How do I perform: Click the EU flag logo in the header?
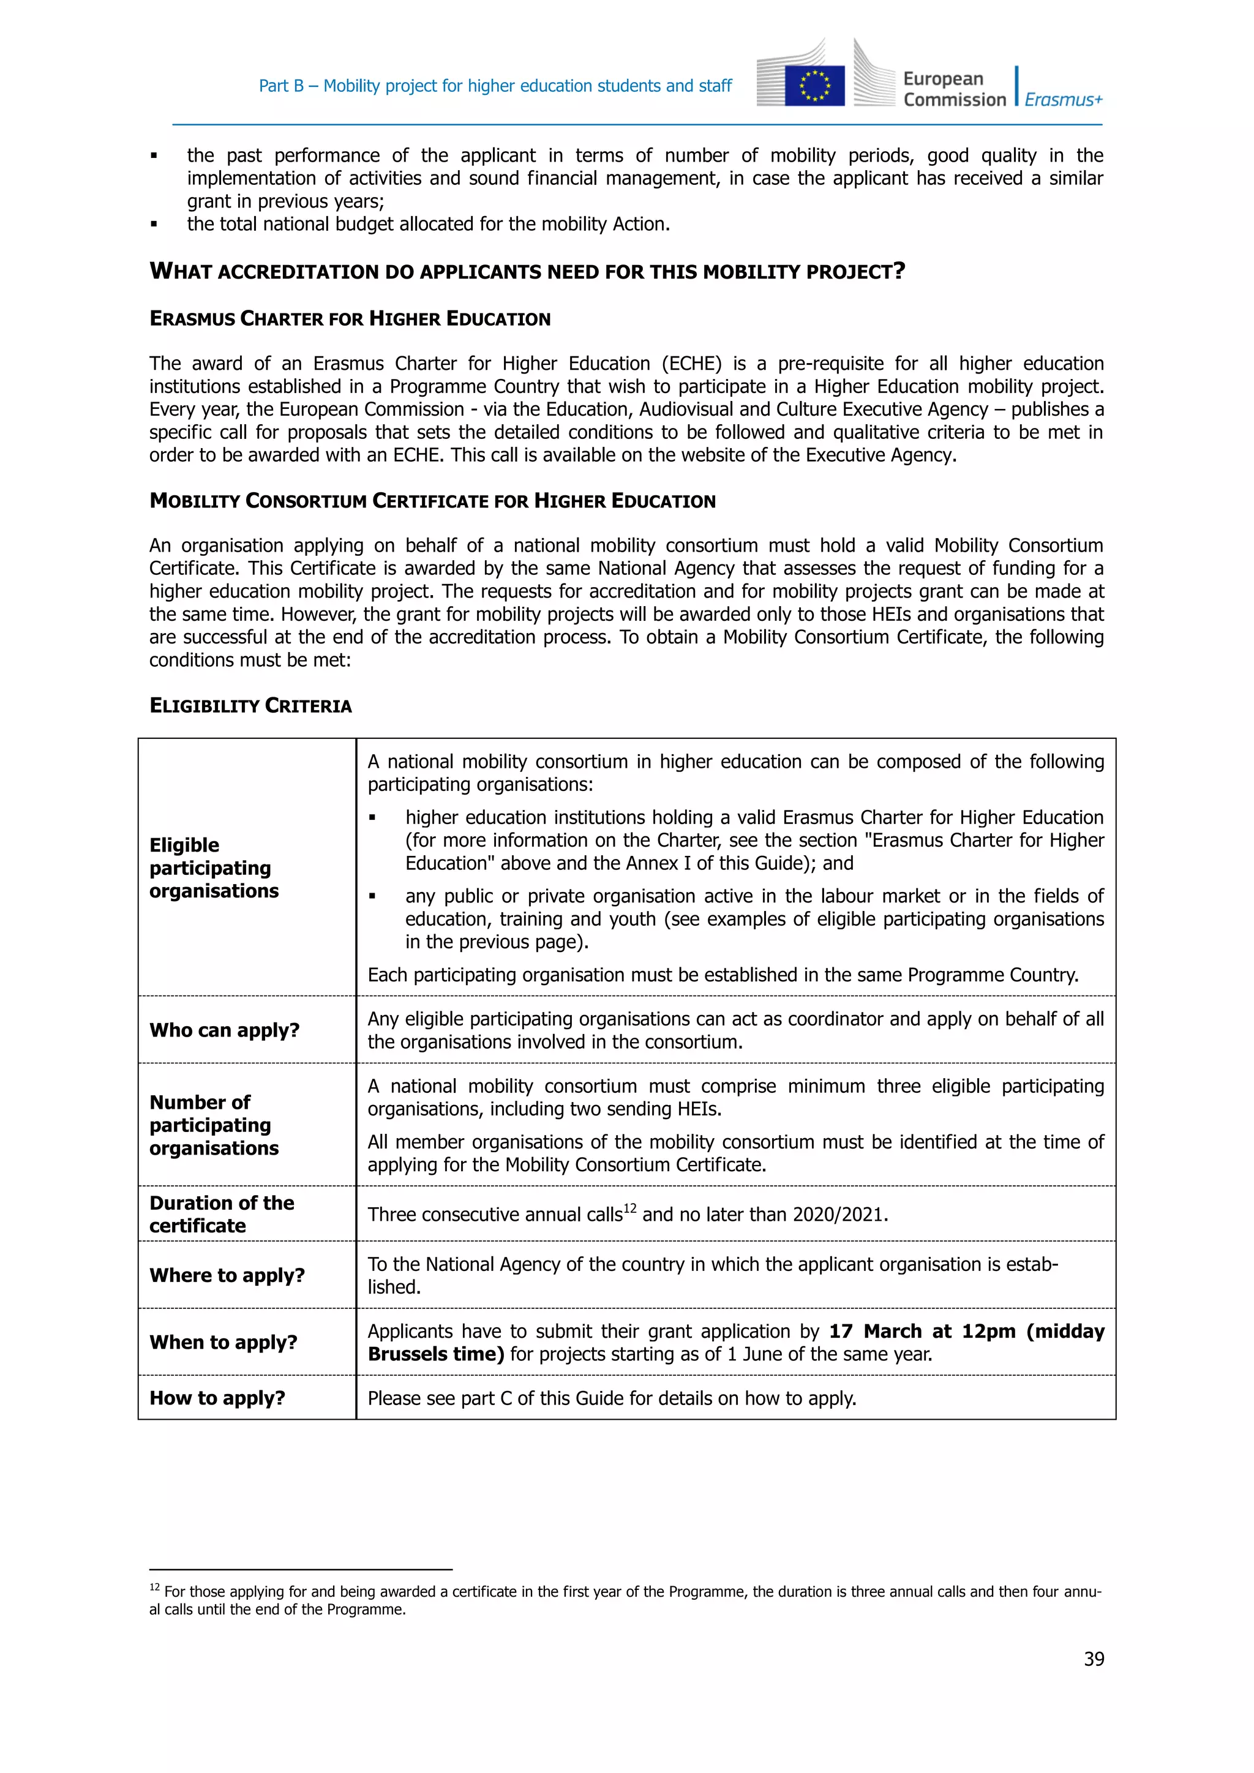[x=814, y=85]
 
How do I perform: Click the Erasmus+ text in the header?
[x=1064, y=100]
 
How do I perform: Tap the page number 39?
[x=1094, y=1659]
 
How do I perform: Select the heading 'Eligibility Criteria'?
[x=250, y=706]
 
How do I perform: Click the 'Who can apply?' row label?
[x=224, y=1030]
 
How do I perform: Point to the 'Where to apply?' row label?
[x=227, y=1275]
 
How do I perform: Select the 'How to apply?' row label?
[x=217, y=1398]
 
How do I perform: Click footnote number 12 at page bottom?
[x=154, y=1587]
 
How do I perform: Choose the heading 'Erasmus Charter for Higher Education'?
[x=350, y=319]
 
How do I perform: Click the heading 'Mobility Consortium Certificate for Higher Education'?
[x=432, y=501]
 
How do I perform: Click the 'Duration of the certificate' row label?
[x=222, y=1214]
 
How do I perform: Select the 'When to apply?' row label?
[x=223, y=1342]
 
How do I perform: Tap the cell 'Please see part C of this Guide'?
[x=612, y=1398]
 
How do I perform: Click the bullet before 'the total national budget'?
[x=154, y=225]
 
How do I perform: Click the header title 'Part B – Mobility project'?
[x=495, y=86]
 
